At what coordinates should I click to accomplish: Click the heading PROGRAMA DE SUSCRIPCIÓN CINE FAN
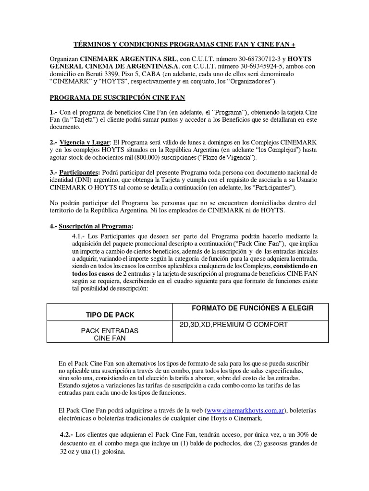[x=118, y=98]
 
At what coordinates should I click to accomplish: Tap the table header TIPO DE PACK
[x=110, y=315]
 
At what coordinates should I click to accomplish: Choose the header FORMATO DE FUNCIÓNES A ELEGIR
[x=253, y=308]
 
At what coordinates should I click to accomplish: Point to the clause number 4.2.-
[x=64, y=434]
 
